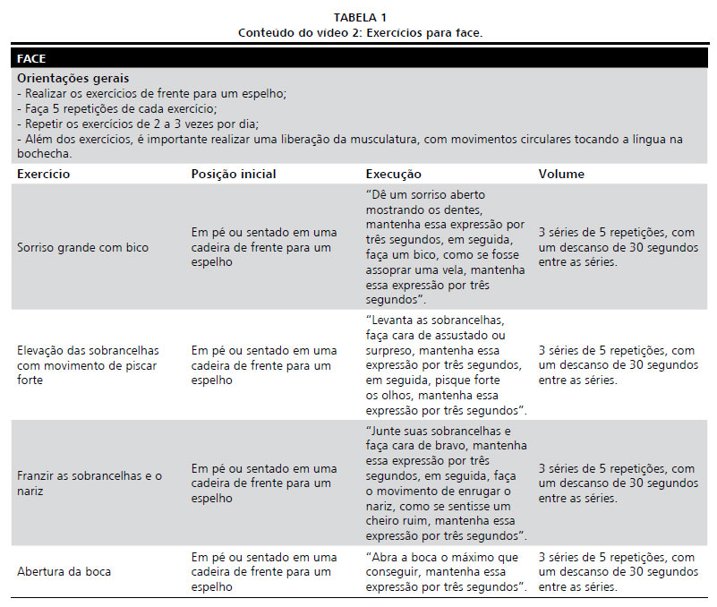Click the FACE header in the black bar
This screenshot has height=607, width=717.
click(x=31, y=59)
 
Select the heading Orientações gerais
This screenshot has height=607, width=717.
click(x=73, y=79)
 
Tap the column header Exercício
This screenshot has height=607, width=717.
click(x=44, y=175)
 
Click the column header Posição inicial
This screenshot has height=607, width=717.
click(x=234, y=175)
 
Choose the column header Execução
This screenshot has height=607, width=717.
click(x=393, y=175)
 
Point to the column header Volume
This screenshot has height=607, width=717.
click(x=561, y=175)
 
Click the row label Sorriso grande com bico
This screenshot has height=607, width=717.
click(x=83, y=247)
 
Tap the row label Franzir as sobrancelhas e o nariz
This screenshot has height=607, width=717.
click(x=90, y=484)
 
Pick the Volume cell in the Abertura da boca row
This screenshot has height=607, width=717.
click(x=617, y=571)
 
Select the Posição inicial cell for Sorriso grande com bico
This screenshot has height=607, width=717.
click(x=264, y=247)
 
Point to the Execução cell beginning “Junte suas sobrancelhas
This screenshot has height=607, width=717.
click(x=446, y=484)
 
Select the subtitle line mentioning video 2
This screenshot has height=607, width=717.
click(x=360, y=33)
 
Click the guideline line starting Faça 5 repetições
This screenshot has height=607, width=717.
click(x=116, y=108)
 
